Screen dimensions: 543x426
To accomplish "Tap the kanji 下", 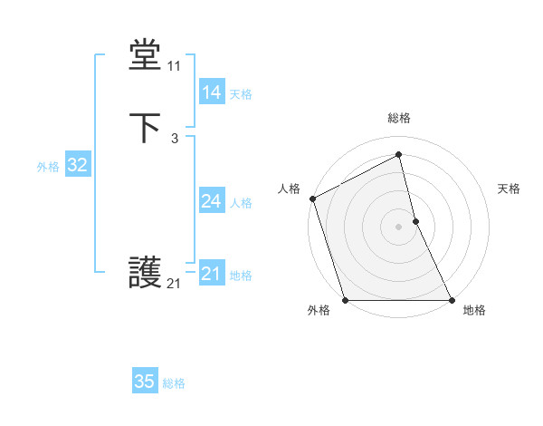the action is coord(145,128).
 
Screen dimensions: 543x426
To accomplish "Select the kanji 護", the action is coord(145,273).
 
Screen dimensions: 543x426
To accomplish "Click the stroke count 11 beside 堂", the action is coord(174,66).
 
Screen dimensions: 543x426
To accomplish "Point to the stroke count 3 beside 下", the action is coord(174,139).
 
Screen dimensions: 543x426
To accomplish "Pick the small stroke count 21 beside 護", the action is coord(174,284).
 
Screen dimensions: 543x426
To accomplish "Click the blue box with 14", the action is coord(211,92).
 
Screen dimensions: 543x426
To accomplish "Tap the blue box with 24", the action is coord(211,201).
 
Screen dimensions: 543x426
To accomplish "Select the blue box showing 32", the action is coord(77,165).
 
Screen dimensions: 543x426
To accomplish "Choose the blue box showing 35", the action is coord(145,382).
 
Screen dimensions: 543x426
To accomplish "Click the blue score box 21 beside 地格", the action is coord(211,274).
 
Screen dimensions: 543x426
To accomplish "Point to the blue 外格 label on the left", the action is coord(48,167).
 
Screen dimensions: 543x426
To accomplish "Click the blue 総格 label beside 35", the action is coord(174,383).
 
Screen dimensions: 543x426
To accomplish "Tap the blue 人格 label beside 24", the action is coord(241,203).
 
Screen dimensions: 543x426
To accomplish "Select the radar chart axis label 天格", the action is coord(509,189).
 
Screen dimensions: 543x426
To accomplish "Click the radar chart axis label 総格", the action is coord(399,118).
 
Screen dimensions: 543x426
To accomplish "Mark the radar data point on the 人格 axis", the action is coord(312,198).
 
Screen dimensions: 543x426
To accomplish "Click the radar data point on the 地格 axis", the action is coord(452,299).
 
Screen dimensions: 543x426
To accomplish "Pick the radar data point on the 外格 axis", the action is coord(345,299).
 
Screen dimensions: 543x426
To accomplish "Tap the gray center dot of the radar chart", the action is coord(399,226).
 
